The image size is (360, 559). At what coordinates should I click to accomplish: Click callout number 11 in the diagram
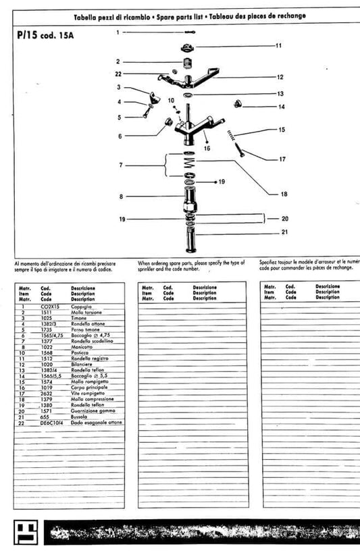[x=278, y=46]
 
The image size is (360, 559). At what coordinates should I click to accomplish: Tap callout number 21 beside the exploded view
[x=284, y=232]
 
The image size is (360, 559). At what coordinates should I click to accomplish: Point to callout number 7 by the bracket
[x=121, y=165]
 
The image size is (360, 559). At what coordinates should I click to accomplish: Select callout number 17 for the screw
[x=282, y=159]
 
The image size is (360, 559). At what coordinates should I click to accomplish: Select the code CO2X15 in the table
[x=51, y=307]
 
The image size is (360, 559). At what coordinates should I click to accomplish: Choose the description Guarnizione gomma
[x=93, y=411]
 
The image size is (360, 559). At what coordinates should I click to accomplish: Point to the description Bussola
[x=81, y=417]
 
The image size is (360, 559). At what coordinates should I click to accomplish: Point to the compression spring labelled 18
[x=190, y=165]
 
